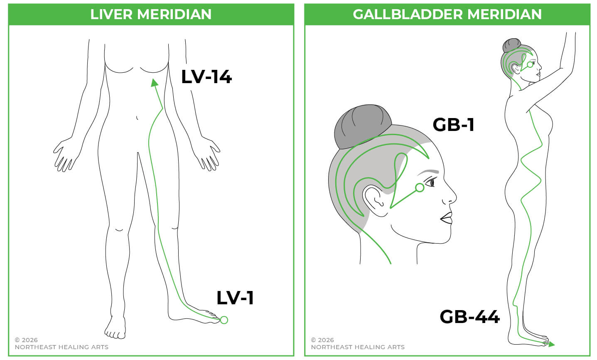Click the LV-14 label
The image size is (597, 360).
tap(206, 77)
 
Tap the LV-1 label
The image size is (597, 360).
tap(235, 298)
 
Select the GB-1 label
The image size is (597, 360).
tap(453, 125)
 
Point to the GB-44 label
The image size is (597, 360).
tap(469, 317)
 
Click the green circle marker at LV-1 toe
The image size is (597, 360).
tap(224, 320)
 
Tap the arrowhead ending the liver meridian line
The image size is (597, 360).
tap(155, 83)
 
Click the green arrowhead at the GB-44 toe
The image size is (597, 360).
tap(551, 344)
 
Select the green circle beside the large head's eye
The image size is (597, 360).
tap(420, 187)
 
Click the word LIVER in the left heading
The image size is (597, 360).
tap(112, 14)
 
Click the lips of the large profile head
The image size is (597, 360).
tap(447, 217)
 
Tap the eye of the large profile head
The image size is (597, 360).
tap(432, 182)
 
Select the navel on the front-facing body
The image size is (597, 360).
tap(137, 118)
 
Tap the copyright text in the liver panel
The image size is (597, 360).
tap(26, 340)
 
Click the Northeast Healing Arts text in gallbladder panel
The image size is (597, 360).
tap(358, 347)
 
